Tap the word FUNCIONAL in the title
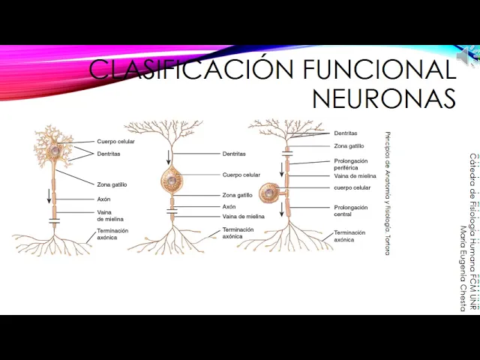coord(379,70)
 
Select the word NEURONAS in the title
coord(383,98)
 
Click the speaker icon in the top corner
coord(467,55)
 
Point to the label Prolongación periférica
coord(351,164)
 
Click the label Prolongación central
coord(351,210)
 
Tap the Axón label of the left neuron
coord(103,199)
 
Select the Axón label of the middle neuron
coord(229,206)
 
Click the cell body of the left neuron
coord(55,151)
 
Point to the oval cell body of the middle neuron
coord(172,181)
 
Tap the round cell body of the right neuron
coord(268,193)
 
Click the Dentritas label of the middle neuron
coord(234,154)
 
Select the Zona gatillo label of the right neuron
coord(349,146)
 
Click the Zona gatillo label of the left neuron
coord(112,184)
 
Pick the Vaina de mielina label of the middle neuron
coord(243,217)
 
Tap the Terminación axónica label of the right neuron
coord(349,236)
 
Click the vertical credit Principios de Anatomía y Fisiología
coord(387,193)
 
